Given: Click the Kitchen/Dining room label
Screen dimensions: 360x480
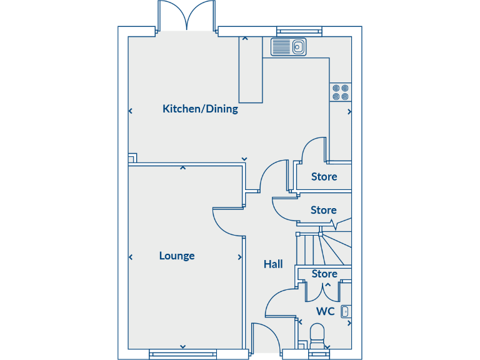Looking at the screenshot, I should (x=200, y=109).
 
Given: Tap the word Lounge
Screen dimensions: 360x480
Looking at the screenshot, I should (x=177, y=256).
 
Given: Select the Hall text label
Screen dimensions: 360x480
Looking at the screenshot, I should (x=273, y=264).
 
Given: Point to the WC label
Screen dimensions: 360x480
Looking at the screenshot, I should (x=325, y=311).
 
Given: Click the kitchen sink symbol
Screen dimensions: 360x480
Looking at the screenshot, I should (x=288, y=46).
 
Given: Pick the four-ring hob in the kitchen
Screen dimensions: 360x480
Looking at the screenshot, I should (x=341, y=92).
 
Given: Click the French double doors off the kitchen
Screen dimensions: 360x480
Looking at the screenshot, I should (x=186, y=16).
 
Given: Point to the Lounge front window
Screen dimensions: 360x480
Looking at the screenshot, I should (x=182, y=354).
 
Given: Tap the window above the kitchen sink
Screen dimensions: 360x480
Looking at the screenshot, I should (x=299, y=30).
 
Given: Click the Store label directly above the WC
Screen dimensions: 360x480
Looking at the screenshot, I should (x=324, y=274).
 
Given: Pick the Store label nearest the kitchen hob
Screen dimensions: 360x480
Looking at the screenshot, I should (x=324, y=177).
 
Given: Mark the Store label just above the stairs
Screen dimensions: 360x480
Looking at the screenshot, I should (x=324, y=211).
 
